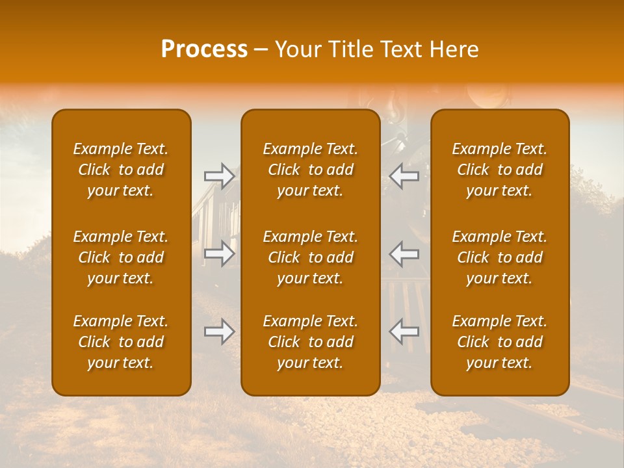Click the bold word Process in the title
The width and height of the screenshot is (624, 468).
click(204, 49)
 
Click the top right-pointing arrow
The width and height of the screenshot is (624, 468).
click(219, 176)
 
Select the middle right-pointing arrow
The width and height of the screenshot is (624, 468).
click(219, 253)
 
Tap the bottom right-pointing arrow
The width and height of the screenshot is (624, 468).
click(219, 331)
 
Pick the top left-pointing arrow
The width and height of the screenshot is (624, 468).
click(404, 176)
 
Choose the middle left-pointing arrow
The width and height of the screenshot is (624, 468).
click(404, 253)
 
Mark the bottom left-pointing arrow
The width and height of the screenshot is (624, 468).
click(404, 331)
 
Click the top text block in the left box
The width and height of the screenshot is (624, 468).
click(121, 170)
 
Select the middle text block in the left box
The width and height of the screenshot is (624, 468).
click(121, 257)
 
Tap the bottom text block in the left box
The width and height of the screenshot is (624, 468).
click(121, 342)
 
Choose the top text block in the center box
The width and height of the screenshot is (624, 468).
click(311, 170)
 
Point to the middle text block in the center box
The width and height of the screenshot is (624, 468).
click(311, 257)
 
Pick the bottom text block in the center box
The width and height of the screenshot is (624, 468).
click(311, 342)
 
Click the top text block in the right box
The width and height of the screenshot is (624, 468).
click(500, 170)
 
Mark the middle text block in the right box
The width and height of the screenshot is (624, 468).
click(500, 257)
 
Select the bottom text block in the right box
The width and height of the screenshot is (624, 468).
click(500, 342)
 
